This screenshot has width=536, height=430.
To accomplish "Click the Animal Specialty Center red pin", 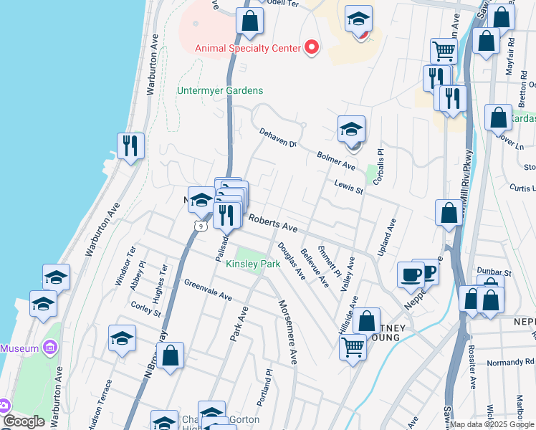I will pyautogui.click(x=312, y=48).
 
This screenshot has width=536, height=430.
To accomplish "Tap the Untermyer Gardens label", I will pyautogui.click(x=220, y=91).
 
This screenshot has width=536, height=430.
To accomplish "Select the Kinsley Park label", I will pyautogui.click(x=253, y=264).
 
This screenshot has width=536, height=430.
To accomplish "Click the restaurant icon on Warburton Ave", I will pyautogui.click(x=130, y=146).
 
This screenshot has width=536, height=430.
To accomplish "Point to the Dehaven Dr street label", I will pyautogui.click(x=277, y=139).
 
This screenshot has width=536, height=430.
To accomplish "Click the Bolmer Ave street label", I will pyautogui.click(x=336, y=161).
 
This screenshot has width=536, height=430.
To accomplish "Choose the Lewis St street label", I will pyautogui.click(x=350, y=187).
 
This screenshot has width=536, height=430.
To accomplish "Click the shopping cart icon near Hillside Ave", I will pyautogui.click(x=353, y=348).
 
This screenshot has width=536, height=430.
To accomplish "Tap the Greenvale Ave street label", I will pyautogui.click(x=208, y=290).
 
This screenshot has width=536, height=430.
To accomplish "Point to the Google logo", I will pyautogui.click(x=23, y=421).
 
